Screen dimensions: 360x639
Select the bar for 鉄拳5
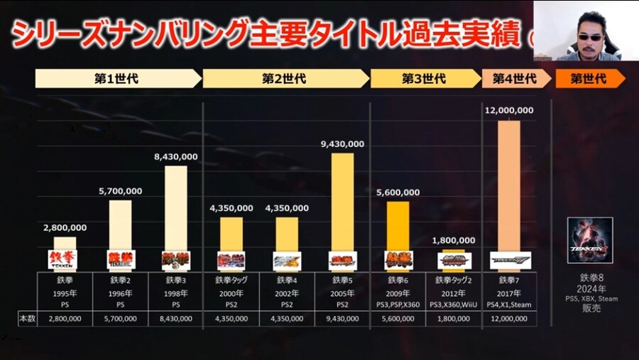click(x=342, y=199)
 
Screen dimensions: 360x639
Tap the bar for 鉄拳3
click(x=175, y=206)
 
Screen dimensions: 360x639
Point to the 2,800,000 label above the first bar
click(x=65, y=227)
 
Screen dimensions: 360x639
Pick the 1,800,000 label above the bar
click(x=454, y=241)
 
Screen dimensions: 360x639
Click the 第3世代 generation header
click(x=424, y=78)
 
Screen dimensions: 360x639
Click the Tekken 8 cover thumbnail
click(x=589, y=240)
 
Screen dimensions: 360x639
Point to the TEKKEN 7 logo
click(x=510, y=261)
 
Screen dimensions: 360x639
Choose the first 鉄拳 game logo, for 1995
click(x=62, y=259)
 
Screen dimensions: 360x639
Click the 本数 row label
click(x=26, y=319)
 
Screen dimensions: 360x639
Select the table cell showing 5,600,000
click(x=398, y=319)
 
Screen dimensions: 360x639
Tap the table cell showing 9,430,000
click(x=342, y=319)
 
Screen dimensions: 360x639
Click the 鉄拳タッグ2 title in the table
click(x=454, y=280)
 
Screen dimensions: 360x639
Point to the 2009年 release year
click(x=398, y=291)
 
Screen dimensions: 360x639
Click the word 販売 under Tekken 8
click(x=589, y=309)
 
